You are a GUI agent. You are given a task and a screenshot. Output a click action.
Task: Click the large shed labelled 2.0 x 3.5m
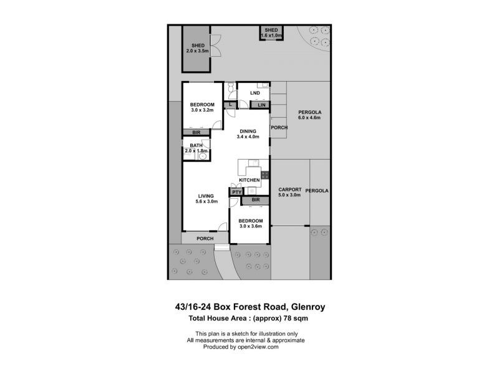[x=196, y=49]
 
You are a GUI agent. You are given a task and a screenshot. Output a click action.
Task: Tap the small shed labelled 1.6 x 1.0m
[x=271, y=33]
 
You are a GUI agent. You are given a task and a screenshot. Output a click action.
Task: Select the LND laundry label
[x=255, y=93]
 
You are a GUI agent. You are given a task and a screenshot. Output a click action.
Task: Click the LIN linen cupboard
[x=260, y=105]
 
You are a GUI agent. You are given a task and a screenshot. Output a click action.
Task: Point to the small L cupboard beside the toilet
[x=230, y=104]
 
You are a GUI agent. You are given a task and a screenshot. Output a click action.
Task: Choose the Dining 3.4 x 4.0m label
[x=248, y=134]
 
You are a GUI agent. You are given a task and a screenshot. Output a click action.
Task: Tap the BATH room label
[x=196, y=145]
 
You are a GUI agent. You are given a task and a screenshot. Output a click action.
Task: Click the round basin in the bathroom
[x=203, y=156]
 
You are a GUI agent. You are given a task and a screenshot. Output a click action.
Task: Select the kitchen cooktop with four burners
[x=264, y=175]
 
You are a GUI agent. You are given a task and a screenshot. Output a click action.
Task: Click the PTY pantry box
[x=236, y=192]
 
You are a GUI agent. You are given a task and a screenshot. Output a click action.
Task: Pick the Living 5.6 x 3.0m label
[x=206, y=199]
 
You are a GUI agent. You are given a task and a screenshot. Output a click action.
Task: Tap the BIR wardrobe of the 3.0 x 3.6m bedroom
[x=255, y=200]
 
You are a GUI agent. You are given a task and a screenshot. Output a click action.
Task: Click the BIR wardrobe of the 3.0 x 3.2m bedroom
[x=196, y=132]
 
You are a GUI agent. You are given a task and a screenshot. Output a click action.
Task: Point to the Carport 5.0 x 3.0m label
[x=289, y=192]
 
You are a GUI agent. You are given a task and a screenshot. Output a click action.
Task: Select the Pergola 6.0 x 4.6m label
[x=309, y=115]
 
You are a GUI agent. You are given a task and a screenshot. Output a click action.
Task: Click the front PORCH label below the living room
[x=205, y=239]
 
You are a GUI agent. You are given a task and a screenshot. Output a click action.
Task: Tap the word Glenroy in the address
[x=308, y=307]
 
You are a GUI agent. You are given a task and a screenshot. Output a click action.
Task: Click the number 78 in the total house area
[x=288, y=318]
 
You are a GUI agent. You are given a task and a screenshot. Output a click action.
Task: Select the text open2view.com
[x=258, y=347]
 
